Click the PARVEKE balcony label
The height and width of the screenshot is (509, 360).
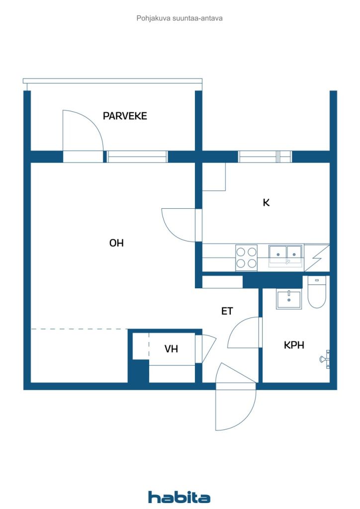coord(125,116)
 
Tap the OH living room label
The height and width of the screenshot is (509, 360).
coord(116,243)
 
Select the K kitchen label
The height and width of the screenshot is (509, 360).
coord(266,203)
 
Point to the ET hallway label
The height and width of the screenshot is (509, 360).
coord(227,311)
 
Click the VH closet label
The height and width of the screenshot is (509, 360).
coord(171,348)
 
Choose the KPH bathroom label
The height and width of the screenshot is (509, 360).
coord(294,345)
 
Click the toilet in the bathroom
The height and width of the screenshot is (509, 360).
coord(317,292)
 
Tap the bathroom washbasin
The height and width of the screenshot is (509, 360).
coord(288,299)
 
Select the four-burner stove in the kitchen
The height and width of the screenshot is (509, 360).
coord(247,257)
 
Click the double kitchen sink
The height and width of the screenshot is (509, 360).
coord(285,255)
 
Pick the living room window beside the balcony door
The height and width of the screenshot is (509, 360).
coord(137,157)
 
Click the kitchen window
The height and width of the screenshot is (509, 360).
coord(265,157)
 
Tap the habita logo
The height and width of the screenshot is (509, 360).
coord(179,497)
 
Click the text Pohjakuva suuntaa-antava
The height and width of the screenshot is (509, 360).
coord(180,18)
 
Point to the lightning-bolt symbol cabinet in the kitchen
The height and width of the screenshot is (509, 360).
coord(317,258)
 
